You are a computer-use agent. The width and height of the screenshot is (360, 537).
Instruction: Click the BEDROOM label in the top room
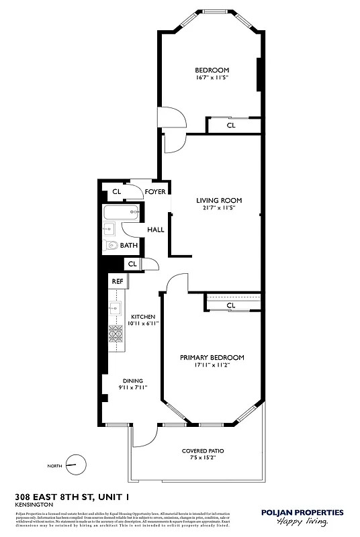click(x=212, y=70)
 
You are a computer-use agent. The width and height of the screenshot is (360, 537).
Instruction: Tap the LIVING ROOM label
click(x=219, y=200)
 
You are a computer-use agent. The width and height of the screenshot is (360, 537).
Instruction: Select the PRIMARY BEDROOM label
click(x=212, y=358)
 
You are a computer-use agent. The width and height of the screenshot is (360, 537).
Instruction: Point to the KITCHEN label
click(x=143, y=317)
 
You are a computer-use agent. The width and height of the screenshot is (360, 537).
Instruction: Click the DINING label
click(x=132, y=381)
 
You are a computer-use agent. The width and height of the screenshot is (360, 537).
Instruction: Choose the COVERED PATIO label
click(x=202, y=450)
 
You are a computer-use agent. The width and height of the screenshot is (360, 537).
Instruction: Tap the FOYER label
click(x=155, y=192)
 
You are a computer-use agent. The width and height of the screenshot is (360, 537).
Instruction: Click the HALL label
click(x=156, y=230)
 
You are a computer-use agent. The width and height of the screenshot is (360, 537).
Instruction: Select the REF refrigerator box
click(x=117, y=281)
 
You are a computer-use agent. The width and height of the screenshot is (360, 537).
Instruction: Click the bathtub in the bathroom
click(x=122, y=215)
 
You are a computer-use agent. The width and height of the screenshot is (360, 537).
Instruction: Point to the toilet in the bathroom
click(x=111, y=246)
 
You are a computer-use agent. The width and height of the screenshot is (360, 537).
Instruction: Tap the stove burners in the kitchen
click(x=116, y=334)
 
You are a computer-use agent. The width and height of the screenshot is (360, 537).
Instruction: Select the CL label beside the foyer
click(x=116, y=192)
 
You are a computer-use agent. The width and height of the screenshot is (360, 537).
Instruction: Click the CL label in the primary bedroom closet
click(x=231, y=305)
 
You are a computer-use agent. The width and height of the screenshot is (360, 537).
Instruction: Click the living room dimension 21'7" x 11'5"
click(x=219, y=207)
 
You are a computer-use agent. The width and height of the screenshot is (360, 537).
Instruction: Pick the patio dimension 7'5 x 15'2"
click(x=202, y=458)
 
